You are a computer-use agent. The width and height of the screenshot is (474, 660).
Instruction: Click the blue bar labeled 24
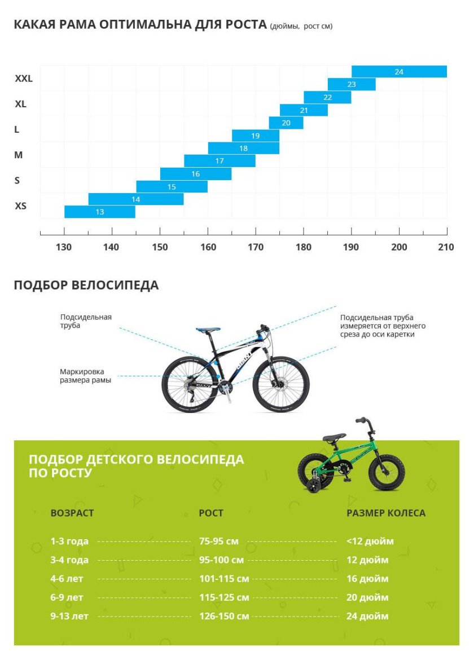(x=399, y=72)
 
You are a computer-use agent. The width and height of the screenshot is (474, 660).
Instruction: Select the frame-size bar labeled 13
(x=100, y=212)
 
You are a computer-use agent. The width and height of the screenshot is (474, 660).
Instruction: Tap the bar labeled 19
(x=256, y=136)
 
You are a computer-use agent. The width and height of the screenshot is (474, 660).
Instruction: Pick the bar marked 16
(x=196, y=174)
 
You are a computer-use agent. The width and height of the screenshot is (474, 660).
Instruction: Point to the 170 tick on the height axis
(x=256, y=247)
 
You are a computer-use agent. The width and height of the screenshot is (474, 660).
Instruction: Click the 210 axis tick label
(x=446, y=247)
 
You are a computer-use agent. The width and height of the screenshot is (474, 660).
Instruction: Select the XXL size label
(x=24, y=78)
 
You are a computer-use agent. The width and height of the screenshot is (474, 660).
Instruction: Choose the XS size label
(x=21, y=206)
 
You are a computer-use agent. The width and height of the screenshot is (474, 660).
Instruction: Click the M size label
(x=19, y=155)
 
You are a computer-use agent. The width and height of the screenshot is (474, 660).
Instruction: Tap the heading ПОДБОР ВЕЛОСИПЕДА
(x=86, y=285)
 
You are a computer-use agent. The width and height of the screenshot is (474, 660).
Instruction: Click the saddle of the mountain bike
(x=208, y=330)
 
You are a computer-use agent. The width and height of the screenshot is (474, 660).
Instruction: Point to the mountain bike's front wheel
(x=281, y=384)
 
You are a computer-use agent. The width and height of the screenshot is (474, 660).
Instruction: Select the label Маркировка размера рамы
(x=85, y=376)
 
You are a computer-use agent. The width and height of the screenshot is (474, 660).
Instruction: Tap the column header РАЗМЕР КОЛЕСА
(x=386, y=513)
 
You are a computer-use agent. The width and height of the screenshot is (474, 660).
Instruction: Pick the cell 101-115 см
(x=224, y=579)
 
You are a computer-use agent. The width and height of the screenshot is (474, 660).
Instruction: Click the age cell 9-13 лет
(x=69, y=616)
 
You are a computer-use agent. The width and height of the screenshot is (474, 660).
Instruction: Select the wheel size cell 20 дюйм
(x=367, y=597)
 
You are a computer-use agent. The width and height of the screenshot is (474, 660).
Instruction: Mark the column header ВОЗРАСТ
(x=72, y=513)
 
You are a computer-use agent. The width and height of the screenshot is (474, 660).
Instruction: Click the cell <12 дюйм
(x=370, y=541)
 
